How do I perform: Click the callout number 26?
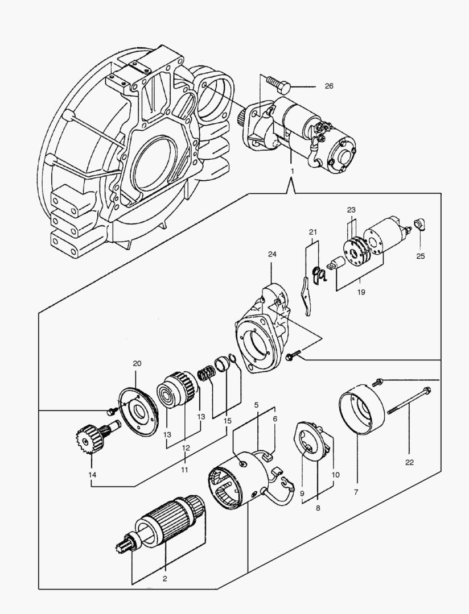pos(329,86)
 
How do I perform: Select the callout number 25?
pos(420,256)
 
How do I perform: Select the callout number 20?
pos(137,364)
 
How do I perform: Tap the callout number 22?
pos(409,462)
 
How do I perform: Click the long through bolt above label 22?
pos(409,400)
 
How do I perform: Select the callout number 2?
pos(165,580)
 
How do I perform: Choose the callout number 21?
pos(312,232)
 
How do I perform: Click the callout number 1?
pos(292,171)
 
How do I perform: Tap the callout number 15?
pos(228,421)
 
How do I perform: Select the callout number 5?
pos(257,405)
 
